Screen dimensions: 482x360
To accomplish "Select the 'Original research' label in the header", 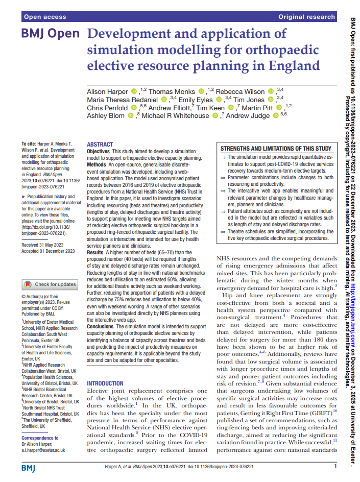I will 306,17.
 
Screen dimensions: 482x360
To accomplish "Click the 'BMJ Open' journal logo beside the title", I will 50,35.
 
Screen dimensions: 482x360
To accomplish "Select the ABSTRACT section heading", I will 100,145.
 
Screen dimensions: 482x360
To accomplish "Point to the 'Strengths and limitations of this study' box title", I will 276,149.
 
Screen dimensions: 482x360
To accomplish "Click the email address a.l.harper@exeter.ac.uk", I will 43,450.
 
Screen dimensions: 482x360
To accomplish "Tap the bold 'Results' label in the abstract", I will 95,252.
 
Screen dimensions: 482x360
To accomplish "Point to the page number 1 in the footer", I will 335,466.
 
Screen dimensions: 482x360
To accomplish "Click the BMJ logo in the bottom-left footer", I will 29,468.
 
